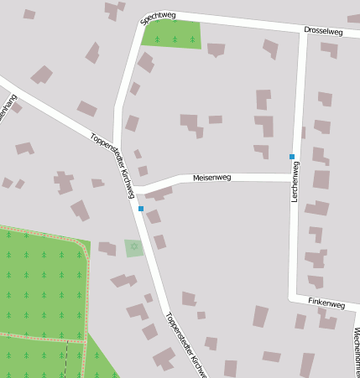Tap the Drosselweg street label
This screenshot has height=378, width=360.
324,31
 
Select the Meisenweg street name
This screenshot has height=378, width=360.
211,178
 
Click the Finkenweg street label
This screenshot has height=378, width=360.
326,303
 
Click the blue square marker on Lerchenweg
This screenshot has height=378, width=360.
292,157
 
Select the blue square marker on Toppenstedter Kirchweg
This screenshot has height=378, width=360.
141,208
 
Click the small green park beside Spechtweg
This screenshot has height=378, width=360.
173,34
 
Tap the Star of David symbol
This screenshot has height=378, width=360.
133,247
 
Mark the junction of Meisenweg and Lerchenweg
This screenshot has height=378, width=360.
294,177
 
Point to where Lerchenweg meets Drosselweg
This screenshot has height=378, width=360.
303,33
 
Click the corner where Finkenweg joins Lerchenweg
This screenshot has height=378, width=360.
292,297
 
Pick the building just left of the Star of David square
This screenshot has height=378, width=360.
107,248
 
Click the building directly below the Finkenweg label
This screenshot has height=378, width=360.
326,318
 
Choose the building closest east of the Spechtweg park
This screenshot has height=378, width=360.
217,49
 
